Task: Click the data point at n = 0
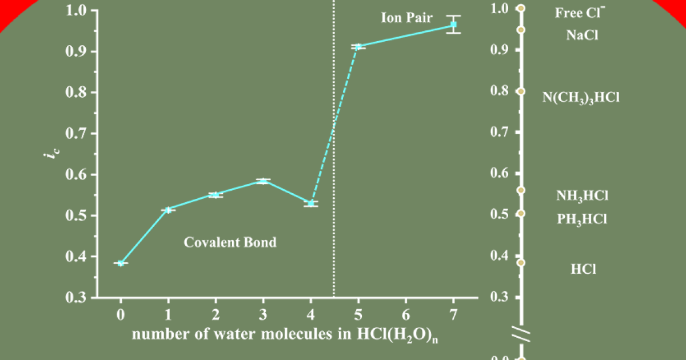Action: pos(121,263)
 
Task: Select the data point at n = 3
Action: pos(263,181)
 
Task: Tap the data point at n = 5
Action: pos(358,46)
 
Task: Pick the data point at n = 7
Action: pos(453,25)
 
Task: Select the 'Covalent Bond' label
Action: pos(230,242)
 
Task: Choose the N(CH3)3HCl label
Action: pos(581,97)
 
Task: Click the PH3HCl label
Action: pos(582,219)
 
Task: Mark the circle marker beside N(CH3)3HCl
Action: pos(521,91)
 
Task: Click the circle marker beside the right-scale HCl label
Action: pos(521,263)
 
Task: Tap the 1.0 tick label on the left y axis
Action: pos(77,10)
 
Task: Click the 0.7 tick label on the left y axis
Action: pos(77,134)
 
